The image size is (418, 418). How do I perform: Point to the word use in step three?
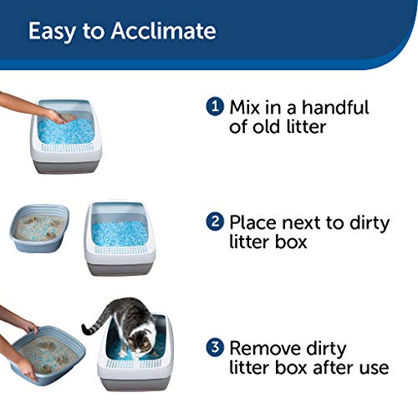370,368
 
